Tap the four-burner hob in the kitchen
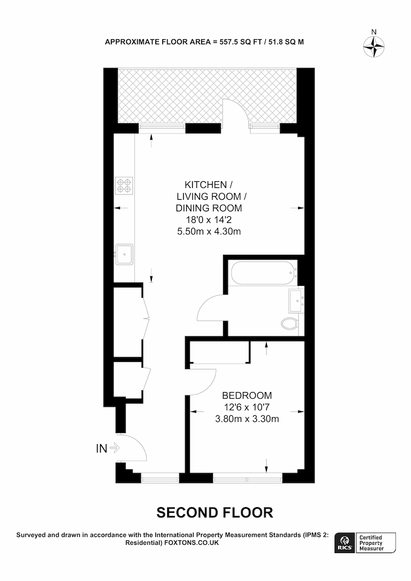(124, 186)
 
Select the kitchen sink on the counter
(124, 254)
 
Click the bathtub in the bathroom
(264, 273)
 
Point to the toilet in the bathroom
(289, 324)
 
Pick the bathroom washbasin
(296, 301)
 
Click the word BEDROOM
(247, 395)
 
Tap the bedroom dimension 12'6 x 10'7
(247, 407)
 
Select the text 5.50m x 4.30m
(209, 232)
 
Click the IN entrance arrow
(115, 448)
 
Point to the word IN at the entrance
(101, 448)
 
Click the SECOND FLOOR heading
(215, 513)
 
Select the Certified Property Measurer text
(371, 543)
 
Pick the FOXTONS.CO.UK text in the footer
(191, 543)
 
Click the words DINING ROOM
(209, 208)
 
